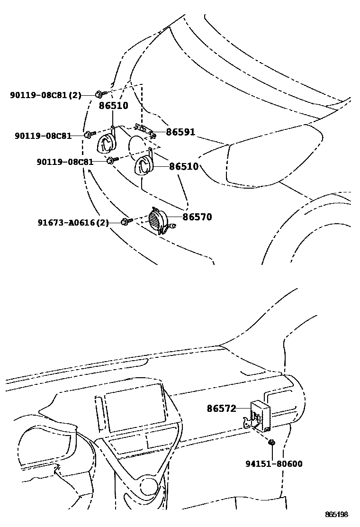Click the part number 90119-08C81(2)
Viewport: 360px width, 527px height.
pyautogui.click(x=45, y=95)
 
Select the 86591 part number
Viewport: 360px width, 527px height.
pyautogui.click(x=180, y=132)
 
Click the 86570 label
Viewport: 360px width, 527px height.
pyautogui.click(x=197, y=217)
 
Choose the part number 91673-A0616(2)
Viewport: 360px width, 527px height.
pyautogui.click(x=73, y=222)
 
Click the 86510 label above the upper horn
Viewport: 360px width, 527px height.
pyautogui.click(x=113, y=106)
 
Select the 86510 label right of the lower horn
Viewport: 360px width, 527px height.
pyautogui.click(x=184, y=167)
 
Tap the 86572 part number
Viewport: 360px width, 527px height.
pyautogui.click(x=221, y=408)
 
